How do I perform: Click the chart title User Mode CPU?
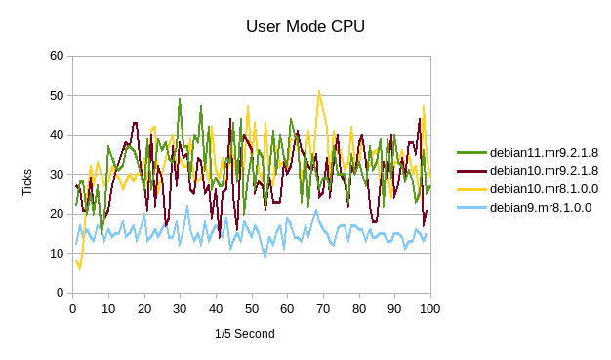tap(305, 26)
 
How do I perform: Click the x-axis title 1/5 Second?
tap(244, 334)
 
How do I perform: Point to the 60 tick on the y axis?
tap(57, 56)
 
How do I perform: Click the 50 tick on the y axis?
tap(57, 96)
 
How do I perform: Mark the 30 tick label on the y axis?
tap(57, 175)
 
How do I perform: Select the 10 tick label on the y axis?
tap(57, 254)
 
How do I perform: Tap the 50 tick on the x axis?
tap(251, 308)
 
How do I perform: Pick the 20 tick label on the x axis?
tap(143, 308)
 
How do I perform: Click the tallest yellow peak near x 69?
tap(319, 91)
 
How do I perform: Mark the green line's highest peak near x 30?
tap(180, 98)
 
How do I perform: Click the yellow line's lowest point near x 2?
tap(80, 268)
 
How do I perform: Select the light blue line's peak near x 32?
tap(187, 206)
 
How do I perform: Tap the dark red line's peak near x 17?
tap(135, 123)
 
